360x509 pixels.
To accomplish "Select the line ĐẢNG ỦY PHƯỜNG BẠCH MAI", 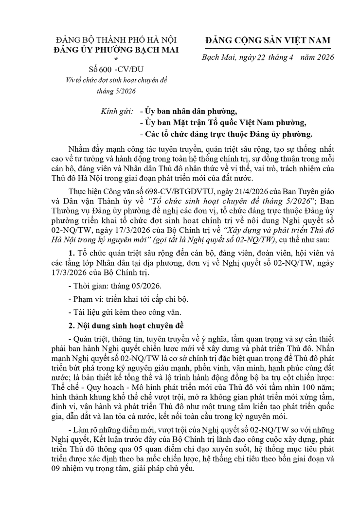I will click(116, 49).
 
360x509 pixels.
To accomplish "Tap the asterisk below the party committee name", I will click(116, 58).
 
